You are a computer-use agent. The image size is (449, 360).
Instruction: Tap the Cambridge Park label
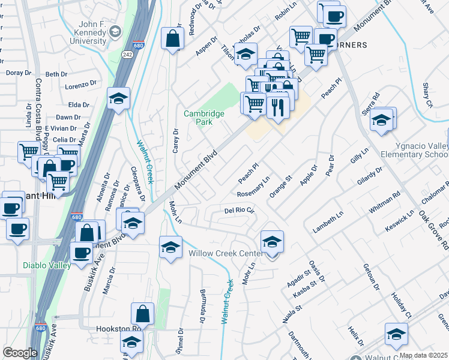tap(204, 117)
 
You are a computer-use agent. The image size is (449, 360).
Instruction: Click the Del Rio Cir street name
tap(240, 211)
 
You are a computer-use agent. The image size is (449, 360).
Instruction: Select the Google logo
tap(20, 352)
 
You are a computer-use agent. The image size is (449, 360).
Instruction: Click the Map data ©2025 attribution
tap(423, 355)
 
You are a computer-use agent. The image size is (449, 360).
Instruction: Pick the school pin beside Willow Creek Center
tap(272, 242)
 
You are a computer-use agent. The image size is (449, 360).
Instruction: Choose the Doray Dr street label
tap(19, 73)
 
